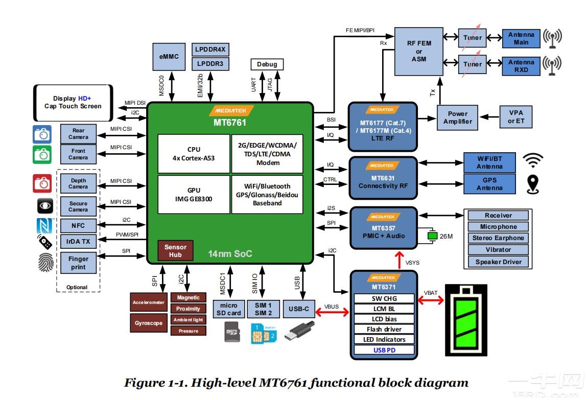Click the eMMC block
pyautogui.click(x=169, y=56)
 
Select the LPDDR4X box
pyautogui.click(x=210, y=50)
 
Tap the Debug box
pyautogui.click(x=267, y=64)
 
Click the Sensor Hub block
pyautogui.click(x=175, y=250)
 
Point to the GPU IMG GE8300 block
pyautogui.click(x=194, y=195)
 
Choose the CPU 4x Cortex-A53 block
pyautogui.click(x=194, y=154)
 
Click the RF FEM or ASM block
pyautogui.click(x=419, y=51)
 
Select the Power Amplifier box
pyautogui.click(x=458, y=117)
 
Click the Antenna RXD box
pyautogui.click(x=521, y=66)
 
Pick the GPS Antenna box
pyautogui.click(x=489, y=184)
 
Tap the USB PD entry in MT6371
pyautogui.click(x=385, y=350)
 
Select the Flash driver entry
pyautogui.click(x=385, y=330)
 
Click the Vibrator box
pyautogui.click(x=498, y=250)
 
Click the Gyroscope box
pyautogui.click(x=149, y=323)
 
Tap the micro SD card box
pyautogui.click(x=228, y=309)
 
